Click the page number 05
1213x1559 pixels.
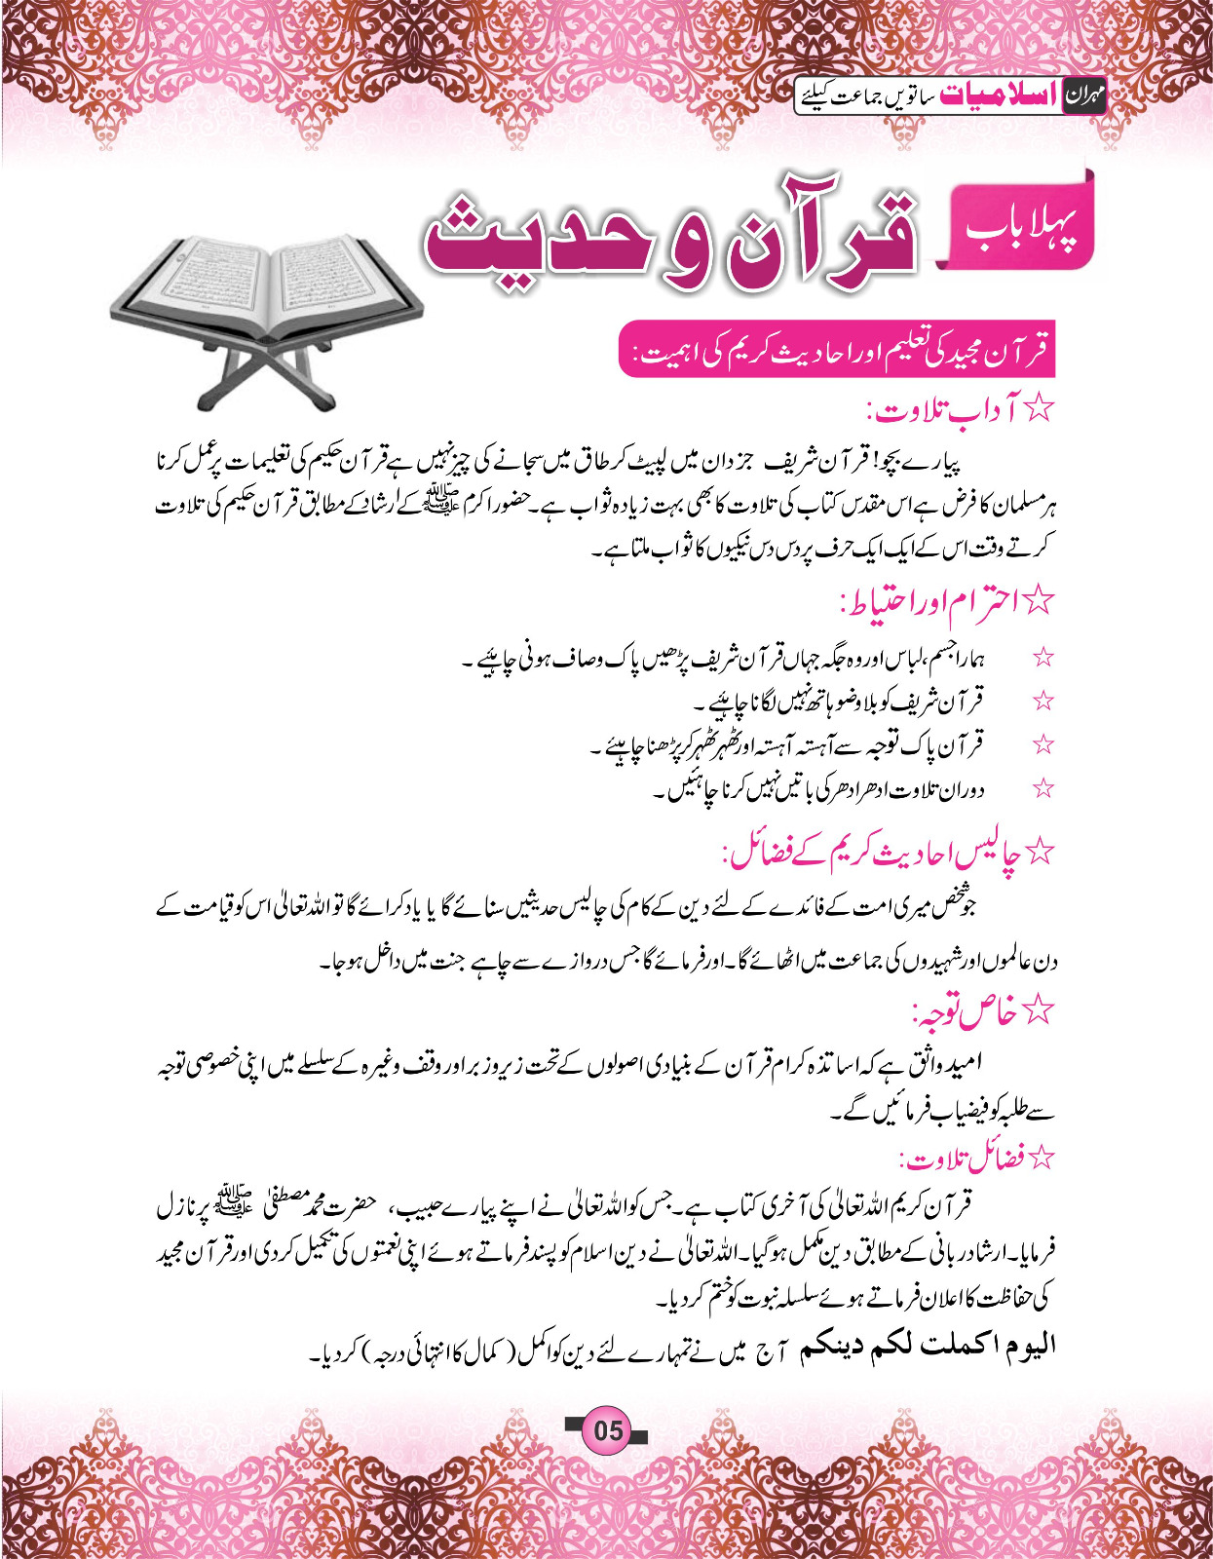[607, 1430]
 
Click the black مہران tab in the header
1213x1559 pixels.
[1083, 95]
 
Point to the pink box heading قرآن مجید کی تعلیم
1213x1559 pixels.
[838, 349]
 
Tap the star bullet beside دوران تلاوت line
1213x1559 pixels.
[1043, 788]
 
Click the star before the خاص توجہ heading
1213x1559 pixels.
[1040, 1013]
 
